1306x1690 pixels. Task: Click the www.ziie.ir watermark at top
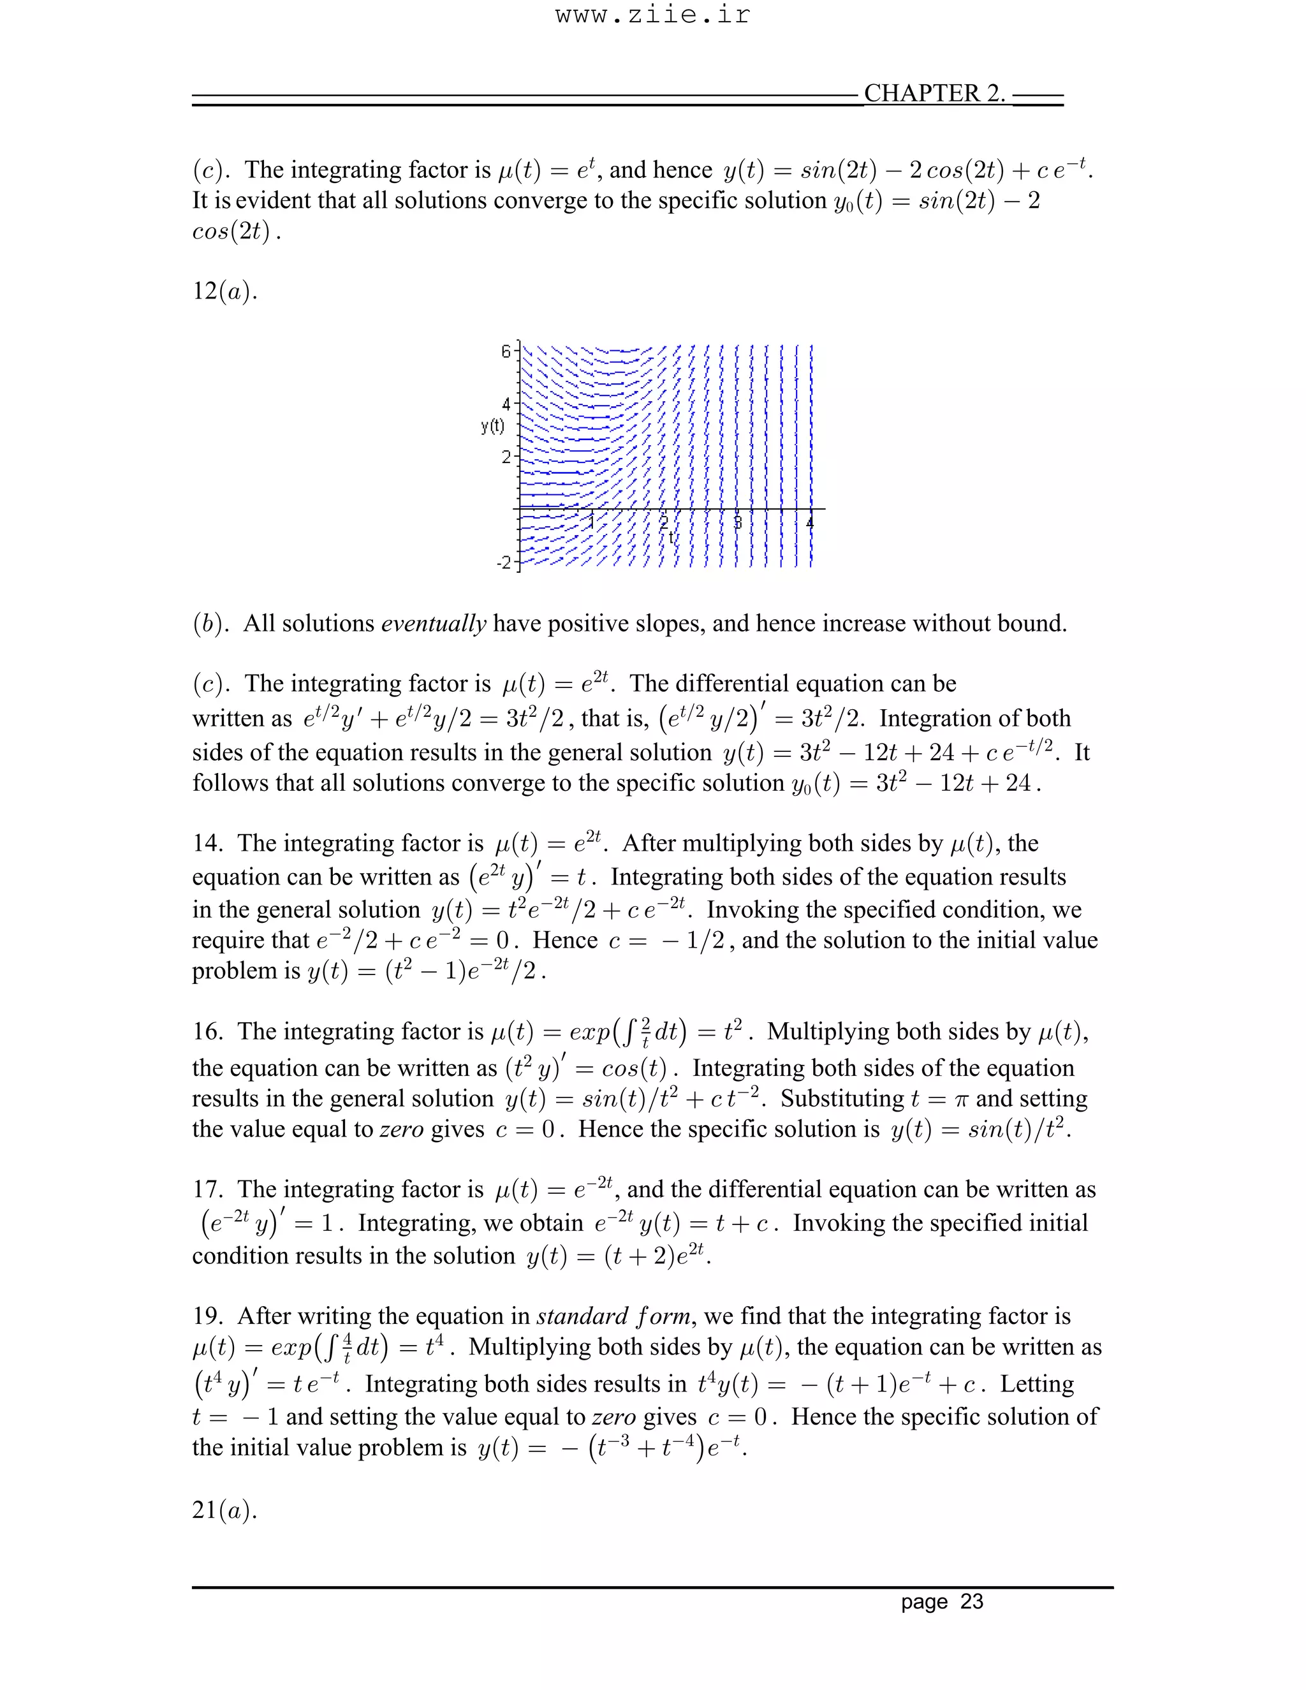click(652, 15)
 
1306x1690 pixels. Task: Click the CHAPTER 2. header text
click(934, 93)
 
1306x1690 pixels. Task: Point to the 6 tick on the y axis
click(505, 351)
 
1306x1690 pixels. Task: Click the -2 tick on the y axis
click(503, 562)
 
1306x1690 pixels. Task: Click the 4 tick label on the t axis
click(810, 522)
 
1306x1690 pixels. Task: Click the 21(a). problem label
click(224, 1510)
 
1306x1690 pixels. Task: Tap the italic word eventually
click(433, 623)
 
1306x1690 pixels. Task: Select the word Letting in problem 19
click(1037, 1384)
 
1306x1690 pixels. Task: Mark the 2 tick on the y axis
click(506, 457)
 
